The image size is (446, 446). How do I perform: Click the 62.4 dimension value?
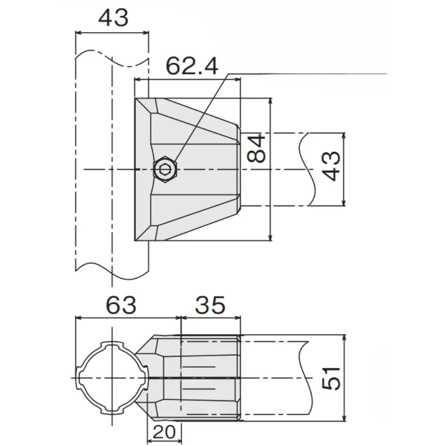pos(192,66)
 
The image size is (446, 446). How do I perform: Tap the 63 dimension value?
pos(121,305)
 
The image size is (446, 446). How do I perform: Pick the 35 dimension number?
pos(210,305)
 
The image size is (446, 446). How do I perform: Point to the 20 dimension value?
pos(164,432)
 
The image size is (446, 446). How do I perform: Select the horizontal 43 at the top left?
pos(113,17)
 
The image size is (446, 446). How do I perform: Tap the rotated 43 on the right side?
pos(332,166)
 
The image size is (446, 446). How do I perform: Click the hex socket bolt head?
pos(165,169)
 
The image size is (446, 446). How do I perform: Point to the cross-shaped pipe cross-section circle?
pos(112,378)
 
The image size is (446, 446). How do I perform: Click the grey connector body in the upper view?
pos(188,169)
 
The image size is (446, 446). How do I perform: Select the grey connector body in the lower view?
pos(188,378)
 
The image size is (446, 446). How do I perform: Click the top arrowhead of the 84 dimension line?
pos(270,101)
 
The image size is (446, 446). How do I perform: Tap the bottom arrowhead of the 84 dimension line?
pos(270,237)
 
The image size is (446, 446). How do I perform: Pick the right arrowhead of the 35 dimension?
pos(237,318)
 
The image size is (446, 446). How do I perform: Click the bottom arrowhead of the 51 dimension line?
pos(345,418)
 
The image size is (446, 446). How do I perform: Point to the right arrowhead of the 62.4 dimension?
pos(237,80)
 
